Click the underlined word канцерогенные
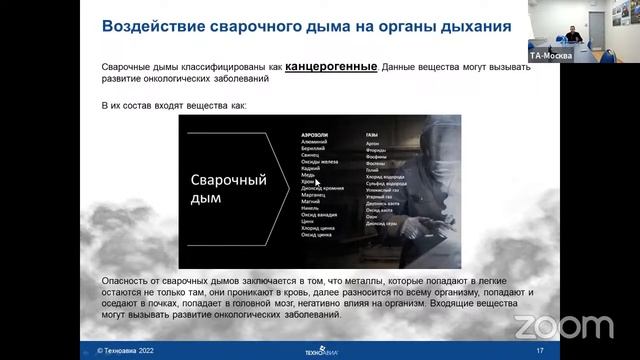[331, 67]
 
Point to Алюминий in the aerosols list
[315, 142]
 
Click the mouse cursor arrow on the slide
[317, 182]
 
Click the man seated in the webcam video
[570, 37]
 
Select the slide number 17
[540, 351]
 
